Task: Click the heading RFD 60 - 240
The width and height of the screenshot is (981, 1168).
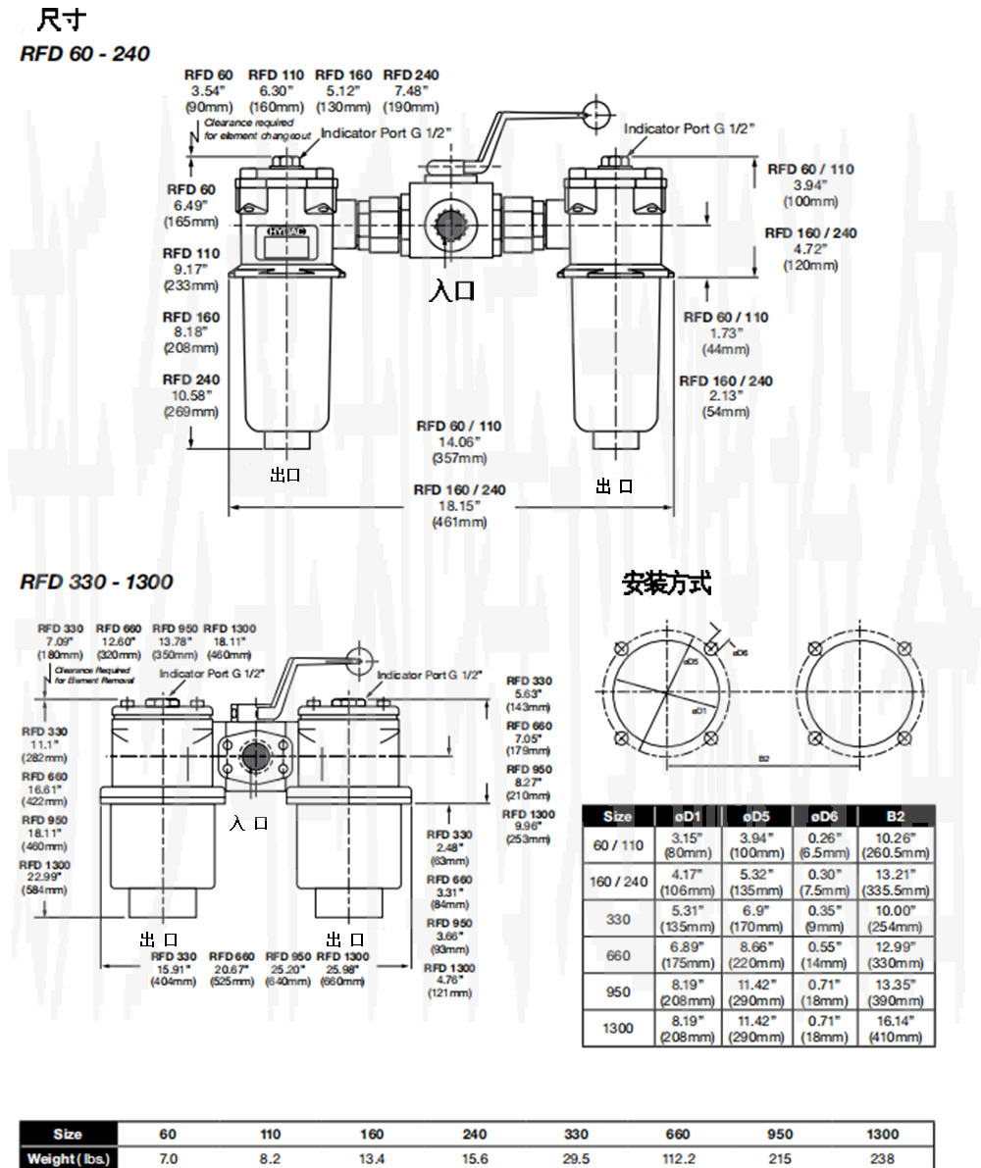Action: tap(85, 54)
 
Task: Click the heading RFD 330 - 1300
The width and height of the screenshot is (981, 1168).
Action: tap(96, 582)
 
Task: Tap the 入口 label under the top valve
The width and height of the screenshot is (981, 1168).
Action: tap(453, 289)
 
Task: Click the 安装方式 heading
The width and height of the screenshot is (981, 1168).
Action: tap(667, 585)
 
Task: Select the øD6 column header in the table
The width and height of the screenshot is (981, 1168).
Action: tap(822, 816)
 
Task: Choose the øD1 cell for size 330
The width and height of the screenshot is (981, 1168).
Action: tap(691, 917)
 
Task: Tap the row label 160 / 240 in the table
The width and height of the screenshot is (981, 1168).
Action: tap(618, 881)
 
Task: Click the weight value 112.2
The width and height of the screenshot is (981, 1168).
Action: tap(678, 1159)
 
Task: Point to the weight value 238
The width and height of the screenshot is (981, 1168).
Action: tap(882, 1159)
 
